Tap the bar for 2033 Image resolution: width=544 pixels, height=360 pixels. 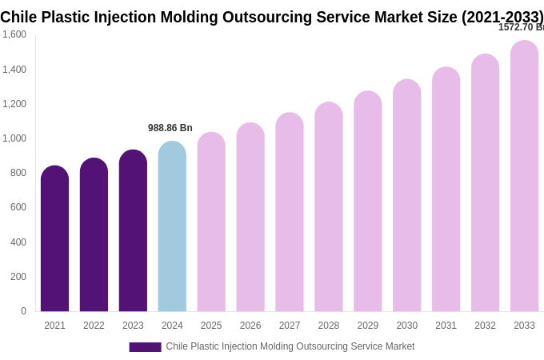(524, 176)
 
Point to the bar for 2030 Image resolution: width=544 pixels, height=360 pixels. (406, 195)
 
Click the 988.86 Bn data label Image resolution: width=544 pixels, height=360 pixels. (170, 128)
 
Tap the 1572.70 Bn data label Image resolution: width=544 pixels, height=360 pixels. (520, 27)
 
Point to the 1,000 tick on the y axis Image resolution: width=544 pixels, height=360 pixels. (14, 138)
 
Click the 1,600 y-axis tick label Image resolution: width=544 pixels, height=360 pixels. (14, 34)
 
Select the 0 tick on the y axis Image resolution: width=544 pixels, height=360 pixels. (23, 311)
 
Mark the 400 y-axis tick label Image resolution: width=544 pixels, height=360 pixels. (18, 242)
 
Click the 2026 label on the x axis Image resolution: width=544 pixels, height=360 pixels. (250, 326)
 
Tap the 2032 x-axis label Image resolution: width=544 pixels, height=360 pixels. (485, 326)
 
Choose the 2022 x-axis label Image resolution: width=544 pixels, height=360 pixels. (94, 326)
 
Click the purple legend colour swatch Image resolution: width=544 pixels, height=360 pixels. (145, 347)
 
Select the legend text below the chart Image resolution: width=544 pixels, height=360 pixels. (290, 346)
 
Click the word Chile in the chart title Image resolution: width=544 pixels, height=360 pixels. (19, 17)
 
